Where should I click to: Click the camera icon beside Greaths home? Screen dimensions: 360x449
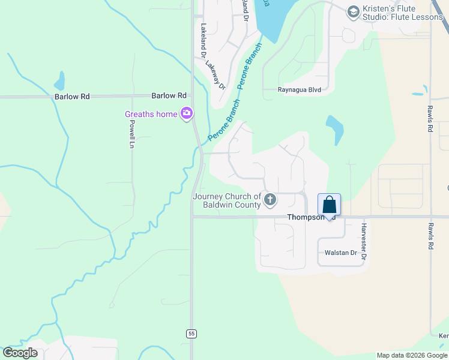(187, 113)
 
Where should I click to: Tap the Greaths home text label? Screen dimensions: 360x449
(151, 114)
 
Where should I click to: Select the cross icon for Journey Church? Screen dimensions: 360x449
(270, 200)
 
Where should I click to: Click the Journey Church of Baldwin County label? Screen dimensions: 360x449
(227, 200)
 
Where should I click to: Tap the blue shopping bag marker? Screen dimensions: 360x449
(329, 205)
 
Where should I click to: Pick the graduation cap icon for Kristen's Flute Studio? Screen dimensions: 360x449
(353, 11)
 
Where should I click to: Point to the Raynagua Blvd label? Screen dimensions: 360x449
(299, 90)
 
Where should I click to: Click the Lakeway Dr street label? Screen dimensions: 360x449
(215, 75)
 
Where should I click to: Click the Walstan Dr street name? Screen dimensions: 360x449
(340, 253)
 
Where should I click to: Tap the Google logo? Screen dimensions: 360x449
(20, 353)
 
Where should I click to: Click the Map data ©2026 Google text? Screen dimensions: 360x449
(411, 355)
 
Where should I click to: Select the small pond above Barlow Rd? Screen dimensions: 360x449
(59, 81)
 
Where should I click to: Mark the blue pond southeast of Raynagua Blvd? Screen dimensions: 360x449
(334, 129)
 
